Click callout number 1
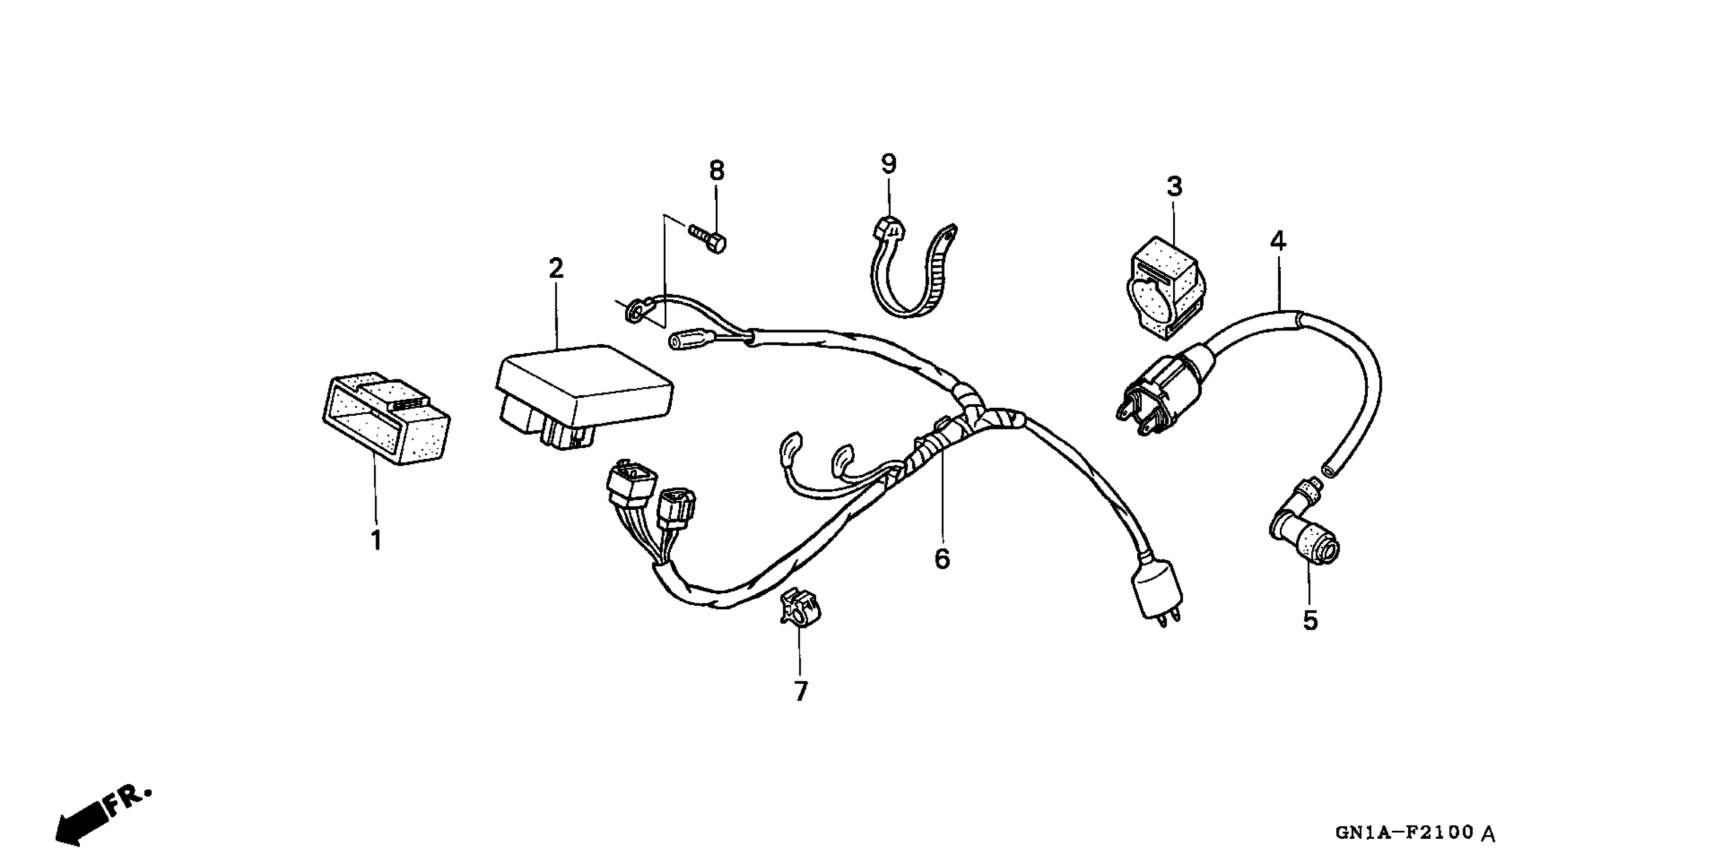[x=377, y=540]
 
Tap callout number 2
[x=556, y=269]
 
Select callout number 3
[x=1175, y=187]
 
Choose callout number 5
[x=1310, y=621]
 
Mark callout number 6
[x=942, y=559]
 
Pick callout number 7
[x=801, y=691]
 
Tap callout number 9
[x=889, y=164]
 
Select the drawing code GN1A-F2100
[x=1404, y=832]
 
